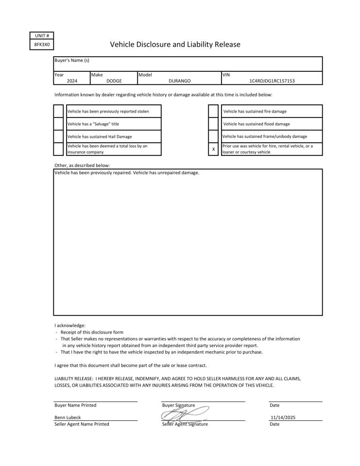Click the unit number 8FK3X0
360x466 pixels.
pyautogui.click(x=42, y=44)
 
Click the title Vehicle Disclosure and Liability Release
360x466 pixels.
pyautogui.click(x=175, y=45)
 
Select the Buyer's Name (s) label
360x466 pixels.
pyautogui.click(x=72, y=60)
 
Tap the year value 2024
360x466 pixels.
pyautogui.click(x=72, y=81)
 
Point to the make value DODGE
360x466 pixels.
pyautogui.click(x=114, y=81)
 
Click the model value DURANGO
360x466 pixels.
pyautogui.click(x=179, y=81)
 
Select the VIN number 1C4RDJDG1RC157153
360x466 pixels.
pyautogui.click(x=272, y=81)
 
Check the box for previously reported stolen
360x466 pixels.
pyautogui.click(x=58, y=111)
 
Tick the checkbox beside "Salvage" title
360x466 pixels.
pyautogui.click(x=58, y=124)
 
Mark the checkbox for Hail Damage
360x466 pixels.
pyautogui.click(x=58, y=136)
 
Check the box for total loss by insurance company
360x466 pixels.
pyautogui.click(x=58, y=149)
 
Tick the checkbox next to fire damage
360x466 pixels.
pyautogui.click(x=213, y=111)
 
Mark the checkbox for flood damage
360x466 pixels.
pyautogui.click(x=213, y=124)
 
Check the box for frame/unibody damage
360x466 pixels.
pyautogui.click(x=213, y=136)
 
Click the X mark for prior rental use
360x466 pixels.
pyautogui.click(x=213, y=149)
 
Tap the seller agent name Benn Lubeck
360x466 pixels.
pyautogui.click(x=68, y=417)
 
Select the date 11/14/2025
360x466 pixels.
pyautogui.click(x=283, y=417)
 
